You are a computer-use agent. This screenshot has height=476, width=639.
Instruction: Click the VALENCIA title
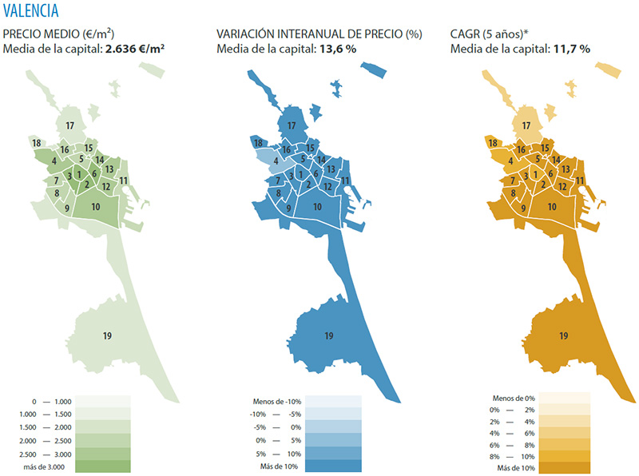[30, 10]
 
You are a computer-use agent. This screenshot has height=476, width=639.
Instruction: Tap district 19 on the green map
[107, 336]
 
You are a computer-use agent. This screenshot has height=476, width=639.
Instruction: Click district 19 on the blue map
[328, 336]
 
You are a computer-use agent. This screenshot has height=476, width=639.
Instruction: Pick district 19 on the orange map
[564, 336]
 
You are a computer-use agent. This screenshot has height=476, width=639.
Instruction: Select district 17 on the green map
[70, 125]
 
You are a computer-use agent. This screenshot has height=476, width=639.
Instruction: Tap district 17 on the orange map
[526, 125]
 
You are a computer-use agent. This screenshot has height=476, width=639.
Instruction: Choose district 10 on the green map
[96, 207]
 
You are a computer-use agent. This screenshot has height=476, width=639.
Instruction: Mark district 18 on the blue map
[258, 143]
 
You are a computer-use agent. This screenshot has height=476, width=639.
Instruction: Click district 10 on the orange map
[552, 207]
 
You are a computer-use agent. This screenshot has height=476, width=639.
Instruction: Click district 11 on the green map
[124, 180]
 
